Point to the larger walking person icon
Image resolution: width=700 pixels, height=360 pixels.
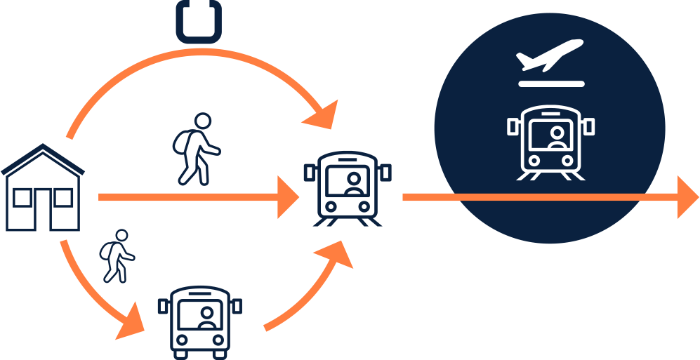(x=196, y=149)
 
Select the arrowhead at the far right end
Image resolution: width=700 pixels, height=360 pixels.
(x=687, y=197)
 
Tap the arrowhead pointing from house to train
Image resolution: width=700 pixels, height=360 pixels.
(x=289, y=197)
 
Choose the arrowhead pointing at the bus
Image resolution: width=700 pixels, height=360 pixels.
(x=131, y=325)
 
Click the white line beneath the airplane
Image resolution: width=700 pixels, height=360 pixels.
(x=551, y=84)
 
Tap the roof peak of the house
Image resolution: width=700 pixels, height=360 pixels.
(x=43, y=147)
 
